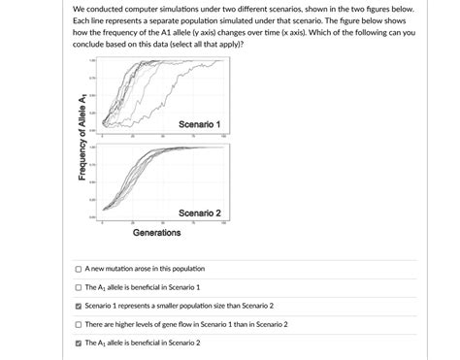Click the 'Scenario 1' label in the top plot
200,125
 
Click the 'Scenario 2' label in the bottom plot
200,213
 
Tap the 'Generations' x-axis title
156,233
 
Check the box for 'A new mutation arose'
78,269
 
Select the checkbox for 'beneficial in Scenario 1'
78,287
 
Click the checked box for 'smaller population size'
78,306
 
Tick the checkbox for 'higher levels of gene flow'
78,324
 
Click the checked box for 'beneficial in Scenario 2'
78,343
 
